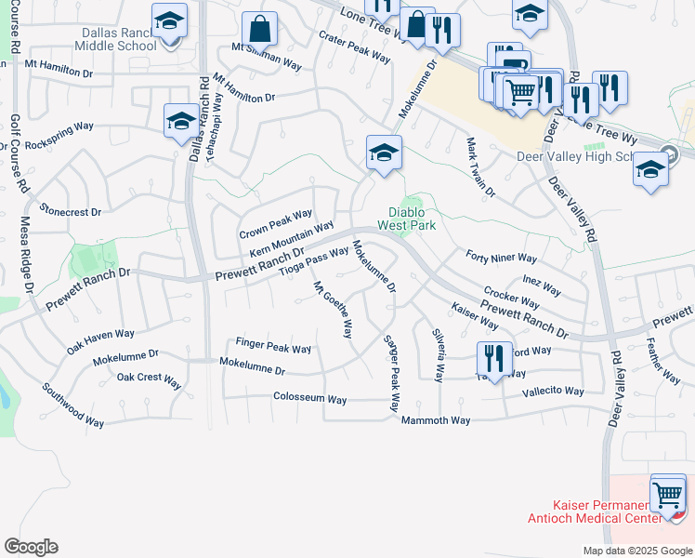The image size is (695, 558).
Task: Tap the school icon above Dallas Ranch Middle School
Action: point(169,20)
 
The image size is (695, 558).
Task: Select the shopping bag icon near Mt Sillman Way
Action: point(261,29)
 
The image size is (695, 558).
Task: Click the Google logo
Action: point(31,547)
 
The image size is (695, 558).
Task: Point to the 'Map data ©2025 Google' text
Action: point(637,551)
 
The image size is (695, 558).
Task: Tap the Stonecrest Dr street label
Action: point(71,212)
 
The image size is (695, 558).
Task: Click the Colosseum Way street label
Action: point(309,399)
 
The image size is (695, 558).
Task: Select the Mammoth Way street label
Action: point(436,420)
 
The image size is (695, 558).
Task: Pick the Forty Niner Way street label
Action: point(502,258)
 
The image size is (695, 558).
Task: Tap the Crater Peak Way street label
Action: point(354,47)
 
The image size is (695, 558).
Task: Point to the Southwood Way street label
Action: point(72,405)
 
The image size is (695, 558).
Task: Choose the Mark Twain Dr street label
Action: point(481,168)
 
